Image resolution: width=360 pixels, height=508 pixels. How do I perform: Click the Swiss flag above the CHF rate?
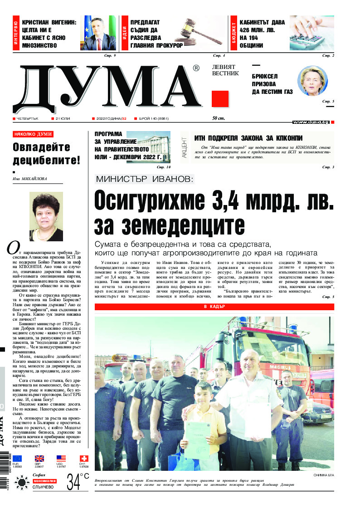point(84,459)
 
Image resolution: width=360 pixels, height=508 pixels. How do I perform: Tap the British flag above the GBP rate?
point(39,459)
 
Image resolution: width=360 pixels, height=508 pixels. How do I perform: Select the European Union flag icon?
point(17,459)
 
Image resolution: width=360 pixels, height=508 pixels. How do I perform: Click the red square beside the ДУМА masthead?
point(220,98)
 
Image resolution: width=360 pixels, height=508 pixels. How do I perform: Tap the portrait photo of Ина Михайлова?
point(46,216)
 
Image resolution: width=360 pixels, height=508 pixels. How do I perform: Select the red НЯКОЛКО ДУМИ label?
point(33,134)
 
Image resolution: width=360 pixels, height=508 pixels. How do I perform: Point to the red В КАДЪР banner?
point(214,307)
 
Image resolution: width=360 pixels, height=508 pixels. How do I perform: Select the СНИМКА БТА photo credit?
point(323,475)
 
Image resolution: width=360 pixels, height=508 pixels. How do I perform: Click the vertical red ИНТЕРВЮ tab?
point(16,34)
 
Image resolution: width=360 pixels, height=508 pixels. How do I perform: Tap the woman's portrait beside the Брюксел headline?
point(312,81)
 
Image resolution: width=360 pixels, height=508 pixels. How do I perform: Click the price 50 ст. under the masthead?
point(219,118)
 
